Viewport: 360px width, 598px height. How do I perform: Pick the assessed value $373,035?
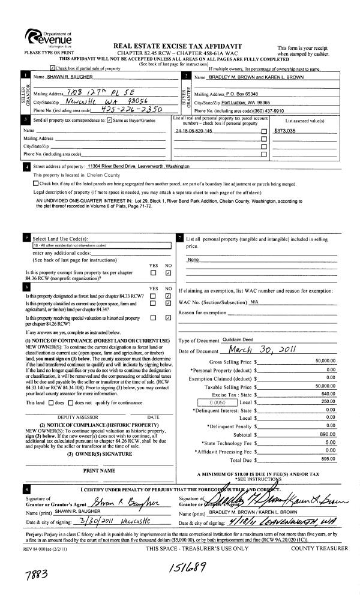point(285,130)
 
